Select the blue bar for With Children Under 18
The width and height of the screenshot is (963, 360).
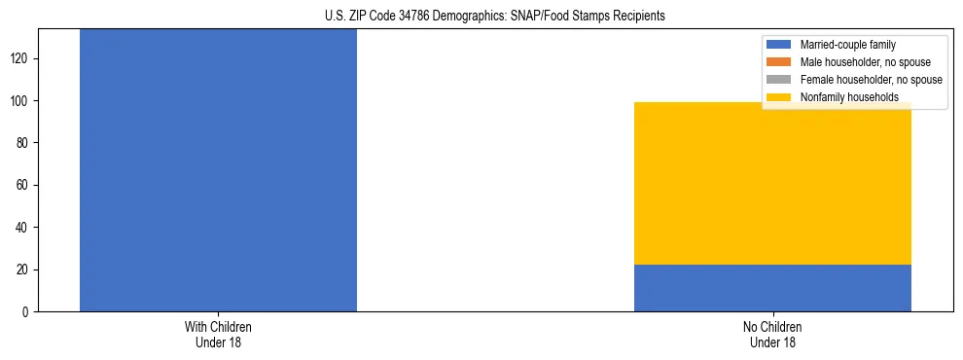[x=218, y=170]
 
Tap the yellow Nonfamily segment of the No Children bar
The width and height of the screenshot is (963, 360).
[x=772, y=183]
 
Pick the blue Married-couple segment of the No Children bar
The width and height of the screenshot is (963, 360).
[x=772, y=288]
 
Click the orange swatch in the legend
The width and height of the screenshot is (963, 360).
[x=780, y=62]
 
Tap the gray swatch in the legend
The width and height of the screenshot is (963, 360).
[x=780, y=80]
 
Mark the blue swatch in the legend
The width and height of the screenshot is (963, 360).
[x=780, y=45]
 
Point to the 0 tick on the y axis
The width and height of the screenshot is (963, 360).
[x=27, y=311]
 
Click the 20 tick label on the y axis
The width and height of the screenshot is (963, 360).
[x=24, y=270]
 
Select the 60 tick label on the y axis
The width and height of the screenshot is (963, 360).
[x=24, y=185]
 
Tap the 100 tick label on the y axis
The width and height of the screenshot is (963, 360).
[x=21, y=100]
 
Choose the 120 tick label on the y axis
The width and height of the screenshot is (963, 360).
[x=21, y=58]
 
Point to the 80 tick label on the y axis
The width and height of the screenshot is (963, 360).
[x=24, y=143]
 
